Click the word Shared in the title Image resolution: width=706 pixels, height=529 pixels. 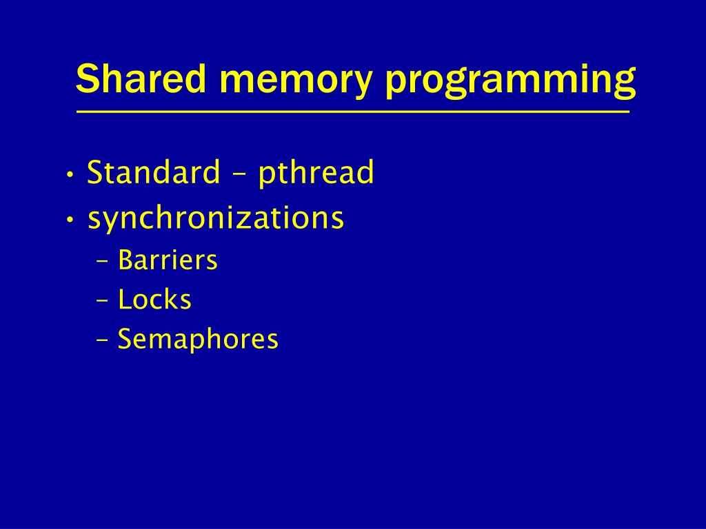[x=141, y=79]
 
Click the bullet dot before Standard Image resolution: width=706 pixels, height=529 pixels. [x=70, y=174]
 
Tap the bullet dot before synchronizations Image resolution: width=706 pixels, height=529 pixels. [x=70, y=220]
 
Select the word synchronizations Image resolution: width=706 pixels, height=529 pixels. [x=216, y=219]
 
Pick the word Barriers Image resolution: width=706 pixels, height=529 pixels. [x=168, y=260]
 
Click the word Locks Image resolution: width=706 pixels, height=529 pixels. [x=154, y=300]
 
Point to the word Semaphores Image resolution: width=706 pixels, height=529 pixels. [x=198, y=340]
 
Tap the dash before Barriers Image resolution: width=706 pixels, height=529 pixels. [x=103, y=262]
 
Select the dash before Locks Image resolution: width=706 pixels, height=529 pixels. [x=103, y=302]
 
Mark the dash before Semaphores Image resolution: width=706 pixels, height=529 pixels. [x=103, y=341]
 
